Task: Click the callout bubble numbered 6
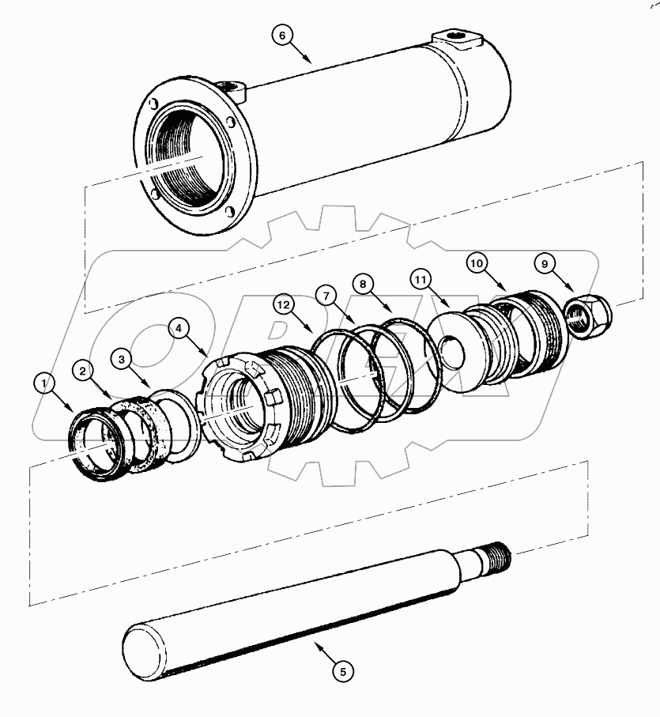(x=281, y=35)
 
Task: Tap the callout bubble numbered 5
(x=342, y=672)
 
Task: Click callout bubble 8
(x=362, y=283)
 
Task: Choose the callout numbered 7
(x=324, y=294)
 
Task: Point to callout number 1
(x=44, y=383)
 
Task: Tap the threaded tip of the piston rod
(x=500, y=556)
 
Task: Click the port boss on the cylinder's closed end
(x=456, y=40)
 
